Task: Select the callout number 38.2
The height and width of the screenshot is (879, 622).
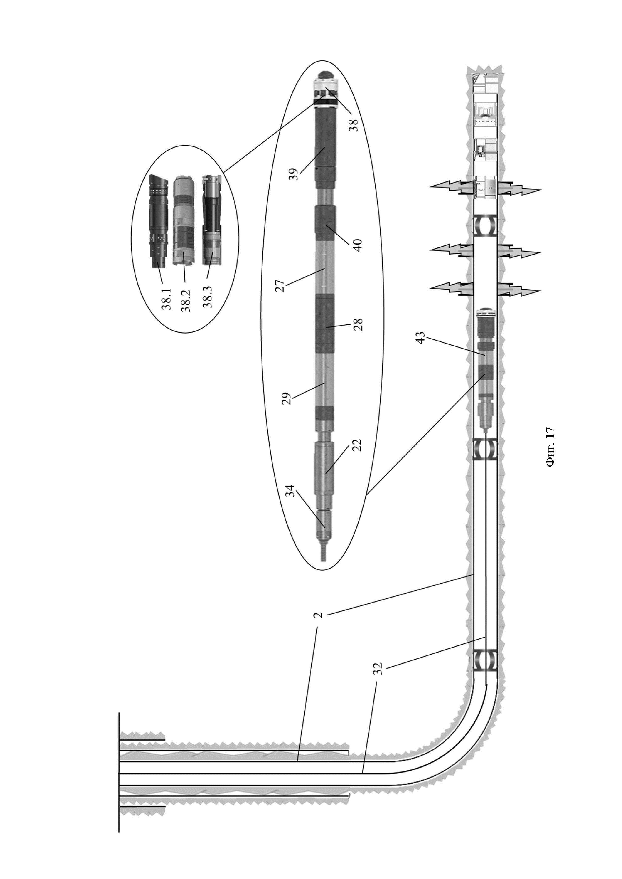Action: pyautogui.click(x=187, y=300)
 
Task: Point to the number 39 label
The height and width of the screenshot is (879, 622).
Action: pyautogui.click(x=294, y=175)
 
